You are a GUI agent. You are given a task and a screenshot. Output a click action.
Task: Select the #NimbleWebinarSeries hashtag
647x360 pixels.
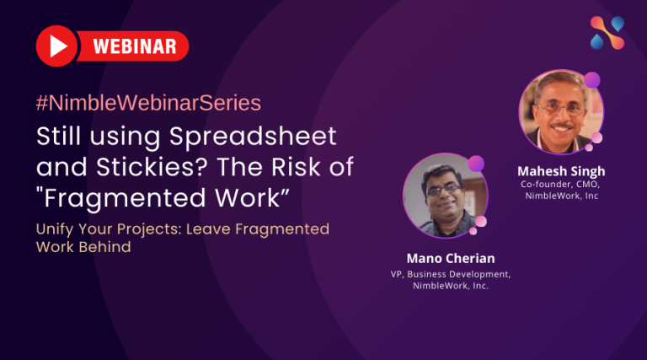tap(148, 104)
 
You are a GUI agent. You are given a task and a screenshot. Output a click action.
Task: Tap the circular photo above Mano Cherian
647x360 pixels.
tap(438, 195)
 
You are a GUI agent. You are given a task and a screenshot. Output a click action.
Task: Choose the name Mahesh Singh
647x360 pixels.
tap(561, 171)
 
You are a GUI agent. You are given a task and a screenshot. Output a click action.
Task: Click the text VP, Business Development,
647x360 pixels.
tap(451, 274)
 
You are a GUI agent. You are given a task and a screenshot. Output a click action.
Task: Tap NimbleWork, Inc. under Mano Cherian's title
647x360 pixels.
tap(451, 287)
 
